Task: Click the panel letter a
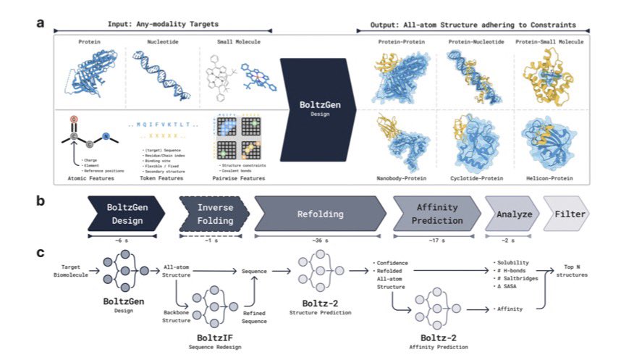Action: coord(41,22)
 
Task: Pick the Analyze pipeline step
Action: coord(514,214)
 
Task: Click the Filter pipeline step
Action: coord(569,214)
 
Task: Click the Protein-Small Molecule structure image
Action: coord(541,76)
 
